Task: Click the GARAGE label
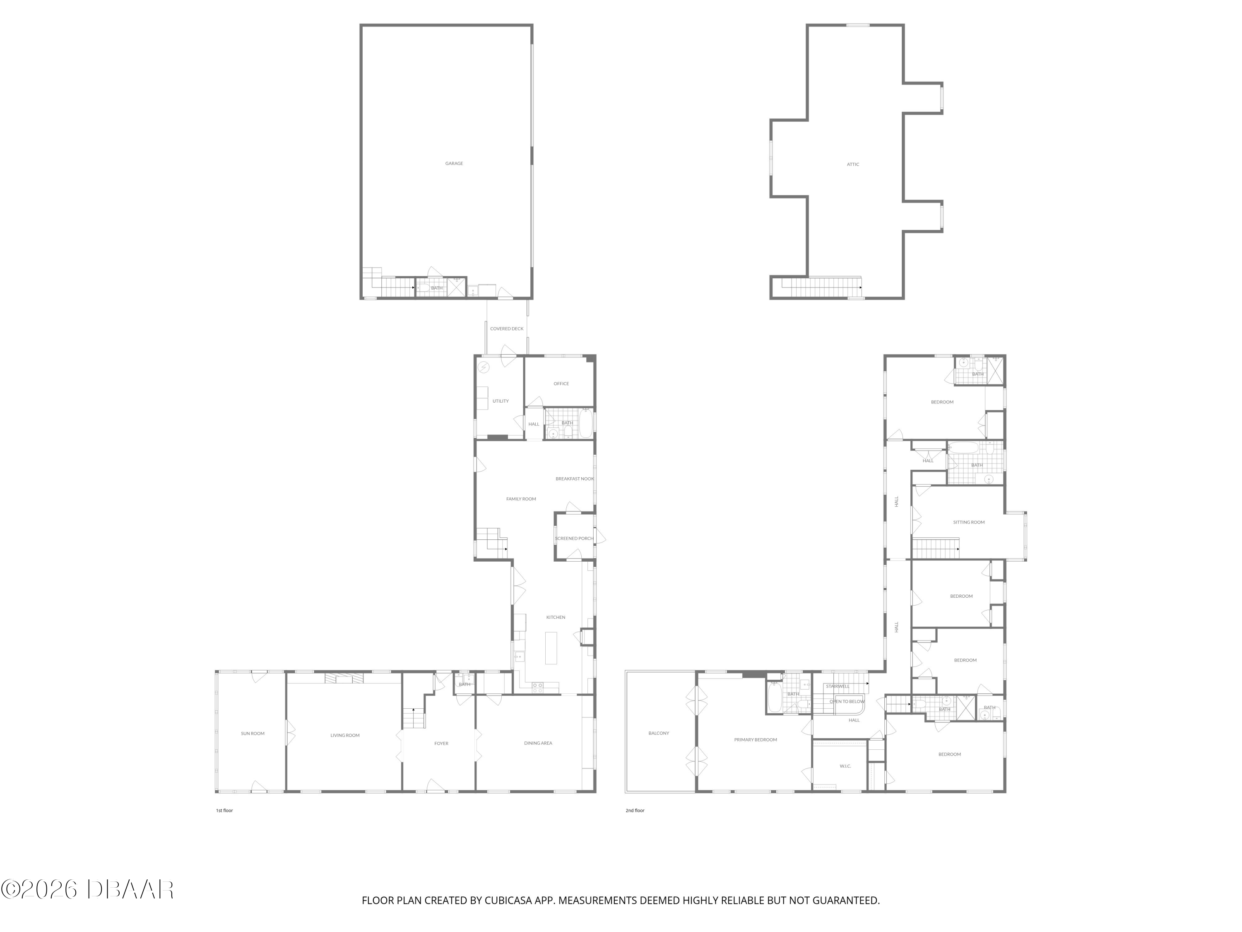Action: tap(454, 164)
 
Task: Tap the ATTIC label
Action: tap(853, 164)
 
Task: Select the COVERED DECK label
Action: tap(506, 328)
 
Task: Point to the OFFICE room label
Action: tap(561, 384)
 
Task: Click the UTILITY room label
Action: tap(500, 401)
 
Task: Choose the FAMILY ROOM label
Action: tap(521, 499)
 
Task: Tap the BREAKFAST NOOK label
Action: tap(574, 479)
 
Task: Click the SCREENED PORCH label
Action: tap(574, 538)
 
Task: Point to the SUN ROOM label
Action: tap(253, 733)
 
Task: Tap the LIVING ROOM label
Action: tap(345, 735)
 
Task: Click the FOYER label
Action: tap(441, 743)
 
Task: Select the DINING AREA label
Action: tap(538, 743)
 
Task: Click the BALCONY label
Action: tap(659, 733)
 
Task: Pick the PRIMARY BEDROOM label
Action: tap(755, 740)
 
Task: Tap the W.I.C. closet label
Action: tap(845, 766)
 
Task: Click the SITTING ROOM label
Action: tap(969, 522)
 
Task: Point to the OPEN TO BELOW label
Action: tap(847, 702)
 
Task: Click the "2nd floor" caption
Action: tap(635, 811)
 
